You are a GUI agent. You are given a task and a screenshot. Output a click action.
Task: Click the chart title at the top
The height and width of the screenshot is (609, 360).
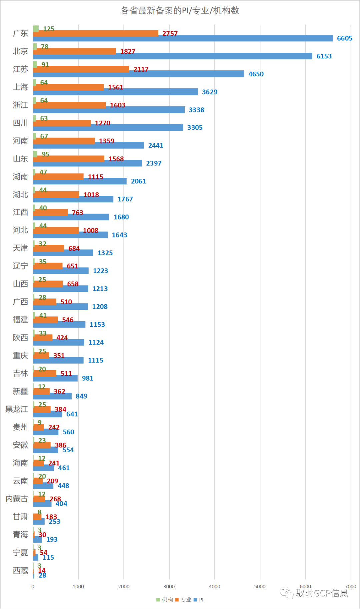point(180,11)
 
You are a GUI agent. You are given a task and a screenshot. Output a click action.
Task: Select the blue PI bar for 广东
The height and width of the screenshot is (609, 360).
point(183,38)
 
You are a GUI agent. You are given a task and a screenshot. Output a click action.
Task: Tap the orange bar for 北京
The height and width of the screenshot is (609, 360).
point(75,51)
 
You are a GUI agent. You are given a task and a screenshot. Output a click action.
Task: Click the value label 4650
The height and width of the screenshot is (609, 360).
point(256,74)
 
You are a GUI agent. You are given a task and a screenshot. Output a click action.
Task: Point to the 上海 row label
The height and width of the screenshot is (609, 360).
point(20,87)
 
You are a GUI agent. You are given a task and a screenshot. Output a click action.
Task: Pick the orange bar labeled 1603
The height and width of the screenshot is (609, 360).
point(69,105)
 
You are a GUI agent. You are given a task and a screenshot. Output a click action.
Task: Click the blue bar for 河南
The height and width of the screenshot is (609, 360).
point(88,145)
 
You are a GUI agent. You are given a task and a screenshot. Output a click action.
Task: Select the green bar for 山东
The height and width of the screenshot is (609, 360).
point(35,154)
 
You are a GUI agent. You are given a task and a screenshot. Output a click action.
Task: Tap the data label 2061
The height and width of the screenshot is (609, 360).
point(138,181)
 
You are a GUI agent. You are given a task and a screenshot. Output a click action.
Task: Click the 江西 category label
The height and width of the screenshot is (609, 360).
point(20,212)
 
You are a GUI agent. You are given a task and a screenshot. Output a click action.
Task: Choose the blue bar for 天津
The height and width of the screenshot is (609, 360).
point(63,253)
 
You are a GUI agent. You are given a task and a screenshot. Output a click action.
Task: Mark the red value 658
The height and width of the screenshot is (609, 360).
point(73,284)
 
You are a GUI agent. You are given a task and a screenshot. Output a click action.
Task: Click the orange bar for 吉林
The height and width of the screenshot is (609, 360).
point(45,373)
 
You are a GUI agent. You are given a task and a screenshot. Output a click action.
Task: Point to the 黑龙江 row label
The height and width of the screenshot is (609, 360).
point(17,409)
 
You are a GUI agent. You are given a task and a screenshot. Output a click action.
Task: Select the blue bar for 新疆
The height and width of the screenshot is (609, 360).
point(52,396)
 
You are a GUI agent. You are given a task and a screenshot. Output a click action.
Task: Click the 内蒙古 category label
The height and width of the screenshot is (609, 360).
point(17,499)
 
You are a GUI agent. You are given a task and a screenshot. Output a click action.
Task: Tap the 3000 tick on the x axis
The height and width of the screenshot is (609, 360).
point(169,586)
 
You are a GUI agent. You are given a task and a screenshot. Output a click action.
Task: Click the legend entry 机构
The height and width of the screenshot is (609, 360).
point(165,599)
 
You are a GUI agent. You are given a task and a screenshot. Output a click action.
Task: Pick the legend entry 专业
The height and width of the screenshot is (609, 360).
point(183,599)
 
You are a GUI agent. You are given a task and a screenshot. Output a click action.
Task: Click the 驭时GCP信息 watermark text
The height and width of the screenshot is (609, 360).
point(321,593)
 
